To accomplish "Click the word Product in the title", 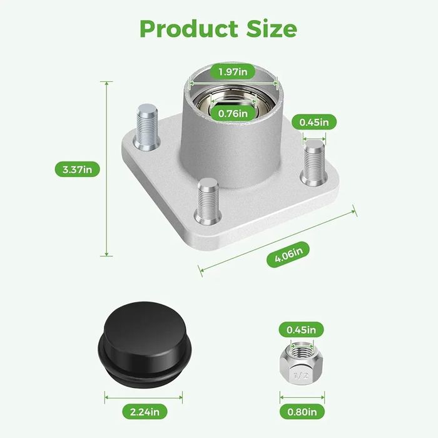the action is point(189,29).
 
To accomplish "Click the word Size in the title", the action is point(272,28).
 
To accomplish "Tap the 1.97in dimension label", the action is point(233,72).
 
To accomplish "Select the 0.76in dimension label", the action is point(233,113).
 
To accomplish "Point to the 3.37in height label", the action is point(77,170).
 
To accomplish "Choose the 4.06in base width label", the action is point(288,254).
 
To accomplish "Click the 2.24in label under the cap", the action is point(145,412).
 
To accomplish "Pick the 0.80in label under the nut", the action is point(302,412).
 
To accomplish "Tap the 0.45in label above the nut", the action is point(301,330).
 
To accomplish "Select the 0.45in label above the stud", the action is point(314,122).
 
